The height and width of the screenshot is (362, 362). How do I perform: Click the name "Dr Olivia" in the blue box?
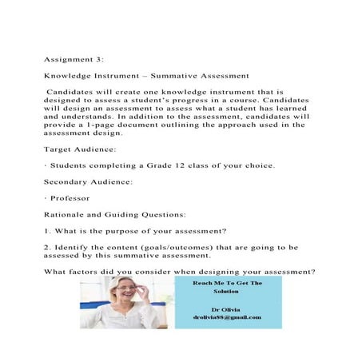tap(226, 308)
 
